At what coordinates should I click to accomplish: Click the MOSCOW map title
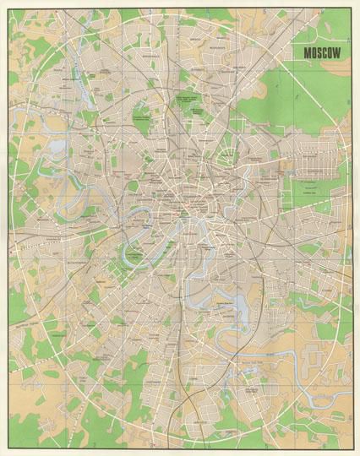[x=325, y=52]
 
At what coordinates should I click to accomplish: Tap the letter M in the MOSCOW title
[x=309, y=52]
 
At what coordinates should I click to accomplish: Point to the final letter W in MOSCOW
[x=342, y=52]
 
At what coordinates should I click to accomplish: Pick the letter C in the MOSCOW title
[x=329, y=52]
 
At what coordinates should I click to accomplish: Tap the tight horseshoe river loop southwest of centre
[x=134, y=251]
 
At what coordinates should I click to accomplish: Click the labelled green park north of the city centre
[x=188, y=105]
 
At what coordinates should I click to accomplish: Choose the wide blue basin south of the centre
[x=230, y=304]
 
